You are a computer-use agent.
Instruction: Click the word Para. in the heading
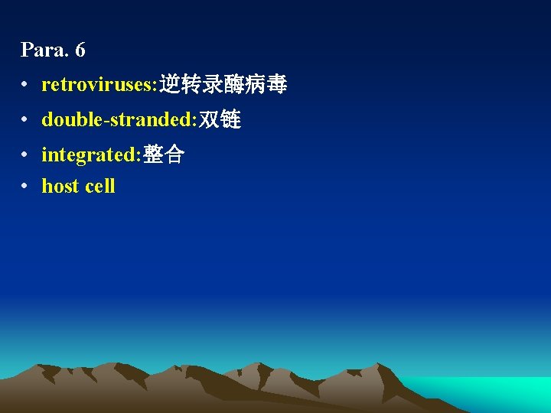coord(44,50)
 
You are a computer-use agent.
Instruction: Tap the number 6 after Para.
coord(80,50)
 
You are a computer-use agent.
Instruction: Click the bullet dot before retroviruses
coord(25,85)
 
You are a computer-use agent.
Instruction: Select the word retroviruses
coord(98,85)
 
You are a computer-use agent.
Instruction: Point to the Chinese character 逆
coord(170,85)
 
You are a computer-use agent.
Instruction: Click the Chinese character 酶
coord(234,85)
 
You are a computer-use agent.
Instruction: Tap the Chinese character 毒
coord(277,85)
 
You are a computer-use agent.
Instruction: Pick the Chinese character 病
coord(256,85)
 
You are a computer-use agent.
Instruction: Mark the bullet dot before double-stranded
coord(25,120)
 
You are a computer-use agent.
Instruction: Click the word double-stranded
coord(118,120)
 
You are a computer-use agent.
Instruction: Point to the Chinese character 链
coord(230,120)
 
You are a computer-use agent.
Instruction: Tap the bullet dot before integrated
coord(25,155)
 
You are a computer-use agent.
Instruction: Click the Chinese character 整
coord(153,155)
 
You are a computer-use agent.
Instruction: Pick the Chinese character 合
coord(174,155)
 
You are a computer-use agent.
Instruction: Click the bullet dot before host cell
coord(25,187)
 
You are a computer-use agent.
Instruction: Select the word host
coord(60,186)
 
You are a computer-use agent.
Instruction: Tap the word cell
coord(99,186)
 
